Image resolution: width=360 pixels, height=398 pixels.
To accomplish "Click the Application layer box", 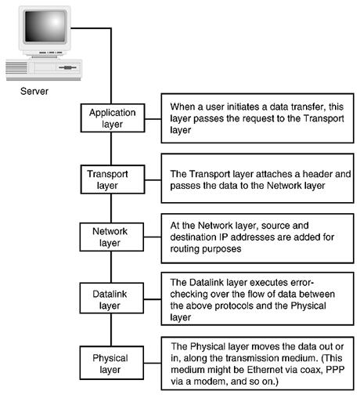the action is pos(113,118).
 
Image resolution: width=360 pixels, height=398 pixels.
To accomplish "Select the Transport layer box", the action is pos(113,179).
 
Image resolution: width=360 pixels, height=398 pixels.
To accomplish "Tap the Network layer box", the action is pos(112,237).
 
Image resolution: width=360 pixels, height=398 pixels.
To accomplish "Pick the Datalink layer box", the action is pos(112,298).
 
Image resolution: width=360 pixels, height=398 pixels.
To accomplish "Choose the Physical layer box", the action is pos(112,363).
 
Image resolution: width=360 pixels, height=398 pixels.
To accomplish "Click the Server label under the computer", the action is pos(34,92).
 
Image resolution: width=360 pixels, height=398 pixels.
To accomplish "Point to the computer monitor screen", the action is pos(45,26).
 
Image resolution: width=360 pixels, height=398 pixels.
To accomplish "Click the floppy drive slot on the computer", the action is pos(67,67).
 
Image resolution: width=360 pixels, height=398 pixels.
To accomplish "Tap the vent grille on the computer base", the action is pos(16,67).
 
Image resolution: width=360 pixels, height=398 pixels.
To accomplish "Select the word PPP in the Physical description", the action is pos(335,370).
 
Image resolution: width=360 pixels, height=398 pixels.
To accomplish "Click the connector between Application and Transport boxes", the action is pos(111,149).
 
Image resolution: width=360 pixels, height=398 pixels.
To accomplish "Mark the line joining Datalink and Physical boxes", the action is pos(111,330).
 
